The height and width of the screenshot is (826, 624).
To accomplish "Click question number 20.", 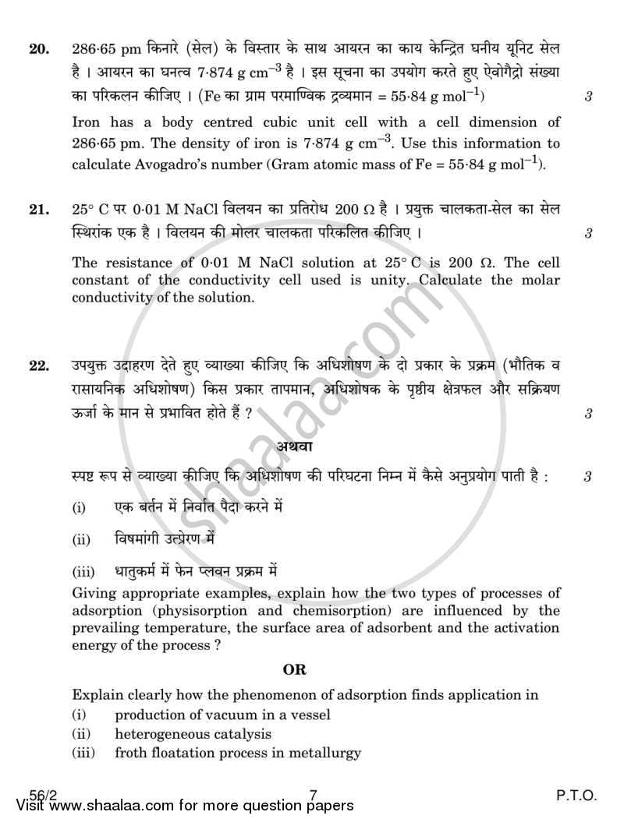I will click(x=38, y=50).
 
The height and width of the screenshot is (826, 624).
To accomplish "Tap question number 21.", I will click(x=38, y=211).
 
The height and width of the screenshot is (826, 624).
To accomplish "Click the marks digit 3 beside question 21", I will click(x=588, y=233).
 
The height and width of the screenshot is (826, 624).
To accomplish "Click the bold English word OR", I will click(x=294, y=669).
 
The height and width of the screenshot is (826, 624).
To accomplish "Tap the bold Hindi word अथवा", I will click(x=294, y=447).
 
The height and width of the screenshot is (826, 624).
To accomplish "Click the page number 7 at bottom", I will click(x=312, y=796).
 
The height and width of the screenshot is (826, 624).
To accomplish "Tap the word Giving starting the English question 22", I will click(x=94, y=594).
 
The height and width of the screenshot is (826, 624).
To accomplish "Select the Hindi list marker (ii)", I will click(x=81, y=539).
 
